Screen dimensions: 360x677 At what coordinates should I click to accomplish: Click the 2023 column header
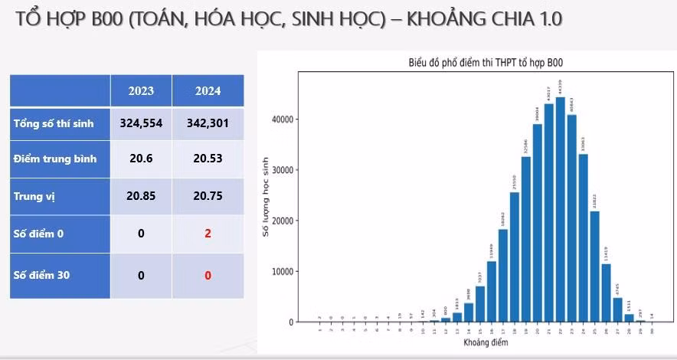[141, 91]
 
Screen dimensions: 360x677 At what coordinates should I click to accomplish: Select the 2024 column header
[208, 91]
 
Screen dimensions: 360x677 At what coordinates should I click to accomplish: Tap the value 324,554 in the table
[141, 123]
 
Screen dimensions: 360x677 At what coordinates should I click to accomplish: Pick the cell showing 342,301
[208, 123]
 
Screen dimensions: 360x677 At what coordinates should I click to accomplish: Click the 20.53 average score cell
[208, 159]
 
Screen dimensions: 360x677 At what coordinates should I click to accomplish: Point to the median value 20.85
[141, 196]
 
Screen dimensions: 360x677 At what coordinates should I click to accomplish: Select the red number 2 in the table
[208, 233]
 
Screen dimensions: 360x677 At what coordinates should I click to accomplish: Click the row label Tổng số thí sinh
[47, 123]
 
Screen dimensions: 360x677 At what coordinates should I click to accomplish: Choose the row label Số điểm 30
[42, 274]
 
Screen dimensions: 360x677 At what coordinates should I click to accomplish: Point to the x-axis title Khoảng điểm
[485, 342]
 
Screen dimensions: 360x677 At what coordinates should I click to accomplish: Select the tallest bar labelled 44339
[560, 209]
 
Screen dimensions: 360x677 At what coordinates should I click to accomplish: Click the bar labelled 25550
[514, 257]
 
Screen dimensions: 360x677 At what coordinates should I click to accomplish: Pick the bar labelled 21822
[594, 266]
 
